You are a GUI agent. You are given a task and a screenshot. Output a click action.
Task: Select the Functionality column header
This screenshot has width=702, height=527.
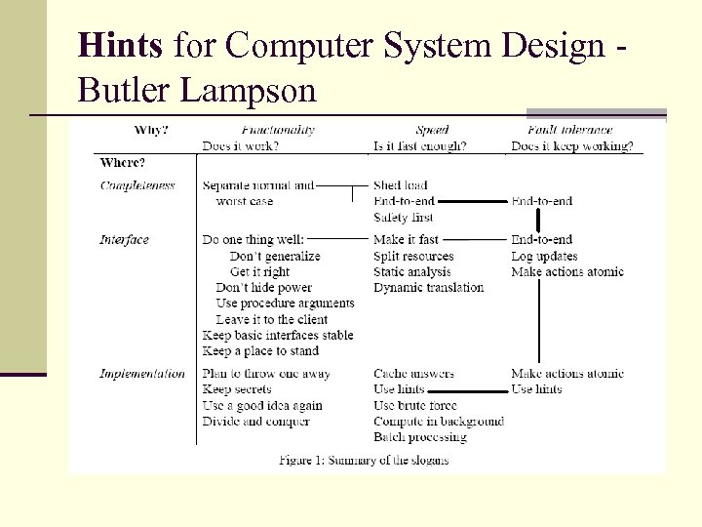pos(278,130)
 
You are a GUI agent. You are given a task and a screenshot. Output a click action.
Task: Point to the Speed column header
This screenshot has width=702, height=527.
pos(431,130)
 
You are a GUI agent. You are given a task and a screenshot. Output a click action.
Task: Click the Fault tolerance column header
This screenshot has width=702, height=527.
pos(569,130)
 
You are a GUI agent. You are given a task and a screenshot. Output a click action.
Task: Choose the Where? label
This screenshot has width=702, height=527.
pos(124,162)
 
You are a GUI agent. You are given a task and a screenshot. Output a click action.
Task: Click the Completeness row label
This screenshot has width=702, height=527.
pos(137,185)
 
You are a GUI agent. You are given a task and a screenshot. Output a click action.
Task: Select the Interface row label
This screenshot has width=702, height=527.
pos(124,240)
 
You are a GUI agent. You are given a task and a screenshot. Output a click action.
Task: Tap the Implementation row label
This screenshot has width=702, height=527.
pos(142,374)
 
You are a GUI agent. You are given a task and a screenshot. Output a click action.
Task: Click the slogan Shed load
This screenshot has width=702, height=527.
pos(400,185)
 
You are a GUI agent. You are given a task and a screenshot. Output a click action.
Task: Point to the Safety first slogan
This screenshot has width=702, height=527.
pos(403,218)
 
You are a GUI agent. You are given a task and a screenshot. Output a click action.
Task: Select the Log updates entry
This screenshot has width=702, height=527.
pos(544,256)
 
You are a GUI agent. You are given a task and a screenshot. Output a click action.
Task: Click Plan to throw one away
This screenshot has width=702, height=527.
pos(266,374)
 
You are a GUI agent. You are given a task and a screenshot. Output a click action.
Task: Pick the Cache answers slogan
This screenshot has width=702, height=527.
pos(413,374)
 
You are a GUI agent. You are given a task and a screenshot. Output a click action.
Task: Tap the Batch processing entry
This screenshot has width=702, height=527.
pos(420,437)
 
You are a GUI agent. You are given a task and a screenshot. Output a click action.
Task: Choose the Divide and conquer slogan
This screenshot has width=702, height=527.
pos(255,422)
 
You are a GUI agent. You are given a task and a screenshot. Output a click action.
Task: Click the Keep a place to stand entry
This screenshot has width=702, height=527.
pos(260,350)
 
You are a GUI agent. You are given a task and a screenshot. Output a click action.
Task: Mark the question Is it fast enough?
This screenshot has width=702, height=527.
pos(420,146)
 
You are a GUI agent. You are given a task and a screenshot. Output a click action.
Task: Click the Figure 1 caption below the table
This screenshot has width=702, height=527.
pos(364,460)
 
